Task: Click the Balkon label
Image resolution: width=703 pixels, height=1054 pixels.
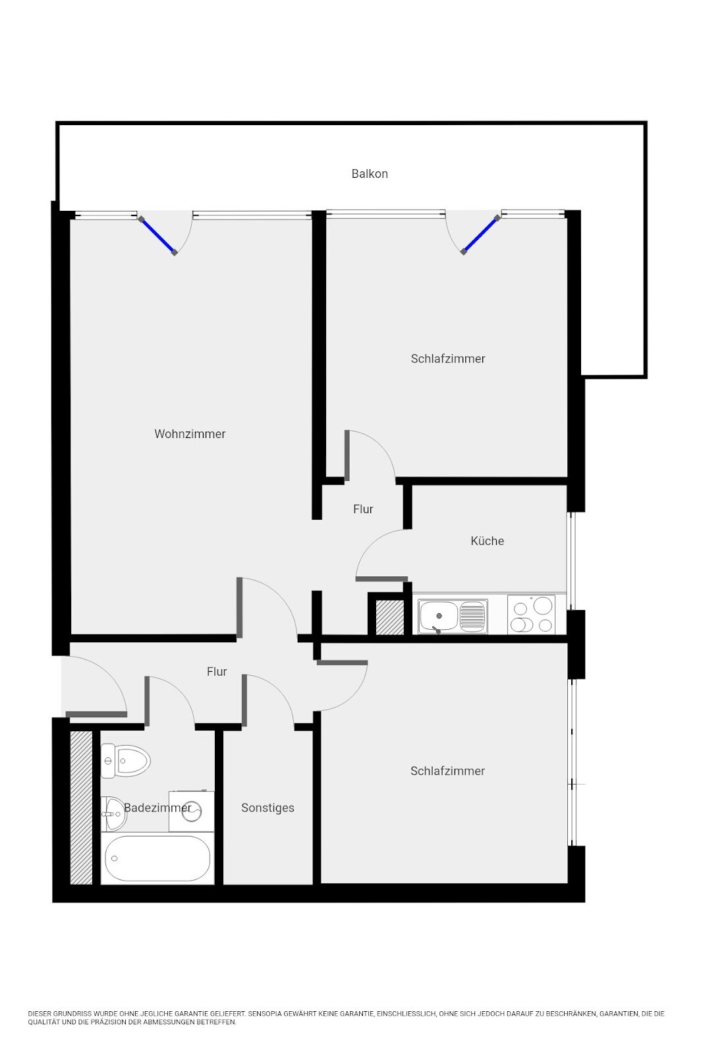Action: pos(370,174)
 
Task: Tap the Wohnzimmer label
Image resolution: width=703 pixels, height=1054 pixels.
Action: pos(190,433)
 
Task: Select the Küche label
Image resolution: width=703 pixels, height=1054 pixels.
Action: pos(487,541)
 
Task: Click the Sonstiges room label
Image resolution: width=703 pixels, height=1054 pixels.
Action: pos(267,808)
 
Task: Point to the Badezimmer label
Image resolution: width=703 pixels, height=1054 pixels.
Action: pos(157,808)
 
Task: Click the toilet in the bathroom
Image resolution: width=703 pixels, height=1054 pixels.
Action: pos(125,760)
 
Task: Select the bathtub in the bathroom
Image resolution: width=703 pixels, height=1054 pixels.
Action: pos(157,857)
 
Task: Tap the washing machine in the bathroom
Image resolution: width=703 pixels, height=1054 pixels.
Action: pos(192,811)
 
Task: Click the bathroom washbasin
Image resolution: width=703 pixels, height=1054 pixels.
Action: pos(114,814)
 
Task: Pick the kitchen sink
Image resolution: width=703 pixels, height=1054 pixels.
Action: pos(452,616)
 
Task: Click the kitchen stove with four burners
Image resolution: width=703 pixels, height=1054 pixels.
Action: pos(531,615)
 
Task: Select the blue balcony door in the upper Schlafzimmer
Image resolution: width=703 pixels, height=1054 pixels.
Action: pos(480,235)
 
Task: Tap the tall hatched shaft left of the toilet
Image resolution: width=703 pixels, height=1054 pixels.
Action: pos(81,808)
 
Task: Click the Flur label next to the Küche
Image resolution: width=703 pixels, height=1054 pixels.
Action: pos(363,509)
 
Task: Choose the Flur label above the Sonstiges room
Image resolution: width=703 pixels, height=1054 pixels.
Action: pos(217,671)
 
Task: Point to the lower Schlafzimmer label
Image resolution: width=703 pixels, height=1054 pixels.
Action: pos(447,771)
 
